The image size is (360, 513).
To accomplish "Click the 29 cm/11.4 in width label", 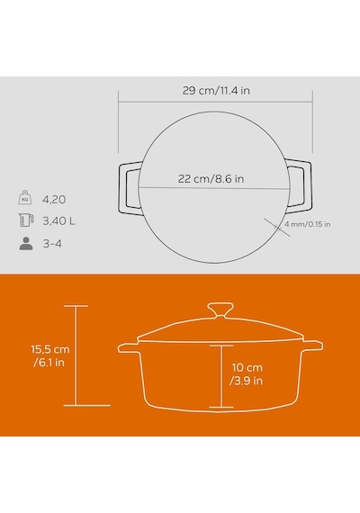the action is [x=216, y=91].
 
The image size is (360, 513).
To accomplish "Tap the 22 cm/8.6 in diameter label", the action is [x=211, y=178].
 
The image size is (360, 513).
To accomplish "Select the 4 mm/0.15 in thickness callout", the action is [x=307, y=224].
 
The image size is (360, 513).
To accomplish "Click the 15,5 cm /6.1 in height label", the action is [x=50, y=356].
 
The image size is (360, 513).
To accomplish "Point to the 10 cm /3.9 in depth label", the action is [x=247, y=374].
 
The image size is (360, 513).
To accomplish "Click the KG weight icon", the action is [x=25, y=198].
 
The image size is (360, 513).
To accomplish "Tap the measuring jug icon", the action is [x=26, y=220].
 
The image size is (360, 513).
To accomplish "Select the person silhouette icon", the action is [x=26, y=243].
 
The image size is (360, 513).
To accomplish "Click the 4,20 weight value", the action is [x=54, y=199].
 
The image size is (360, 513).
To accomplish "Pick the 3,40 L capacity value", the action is [x=58, y=221].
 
